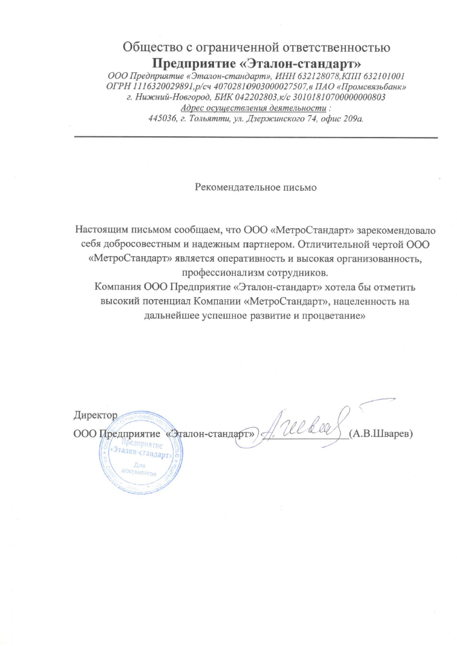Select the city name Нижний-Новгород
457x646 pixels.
[x=168, y=97]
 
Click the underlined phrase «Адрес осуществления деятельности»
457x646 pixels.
[x=252, y=108]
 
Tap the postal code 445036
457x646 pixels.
[x=162, y=119]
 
